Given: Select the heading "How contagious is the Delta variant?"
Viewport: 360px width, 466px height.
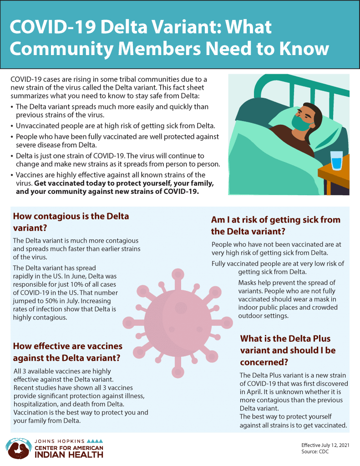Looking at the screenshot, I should pyautogui.click(x=71, y=222).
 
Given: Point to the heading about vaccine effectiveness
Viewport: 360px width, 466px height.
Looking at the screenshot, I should pyautogui.click(x=67, y=352).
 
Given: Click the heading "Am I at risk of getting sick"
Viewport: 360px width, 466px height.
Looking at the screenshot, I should pyautogui.click(x=276, y=225).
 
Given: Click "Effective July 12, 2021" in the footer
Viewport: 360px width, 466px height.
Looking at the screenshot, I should pyautogui.click(x=325, y=445).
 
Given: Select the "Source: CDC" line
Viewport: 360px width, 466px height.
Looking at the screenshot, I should pyautogui.click(x=315, y=451).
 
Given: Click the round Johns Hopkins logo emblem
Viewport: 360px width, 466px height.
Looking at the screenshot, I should pyautogui.click(x=17, y=448).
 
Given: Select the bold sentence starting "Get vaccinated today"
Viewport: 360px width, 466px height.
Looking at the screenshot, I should pyautogui.click(x=123, y=187).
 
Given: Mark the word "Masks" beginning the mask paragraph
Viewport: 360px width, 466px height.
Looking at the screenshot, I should pyautogui.click(x=248, y=283).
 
